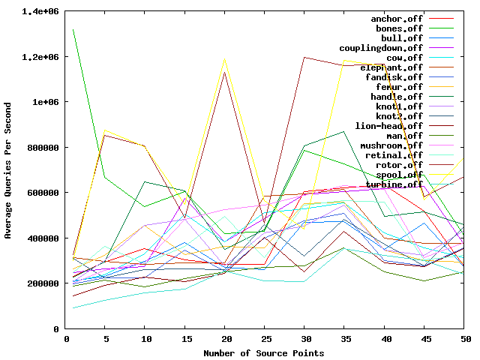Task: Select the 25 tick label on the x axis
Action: [266, 340]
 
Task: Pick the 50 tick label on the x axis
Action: [466, 340]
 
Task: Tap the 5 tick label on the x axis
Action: [106, 340]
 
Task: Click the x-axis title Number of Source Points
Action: [264, 352]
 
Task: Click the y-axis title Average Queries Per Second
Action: [8, 170]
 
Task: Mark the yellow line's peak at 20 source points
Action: [225, 59]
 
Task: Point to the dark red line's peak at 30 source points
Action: [304, 57]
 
